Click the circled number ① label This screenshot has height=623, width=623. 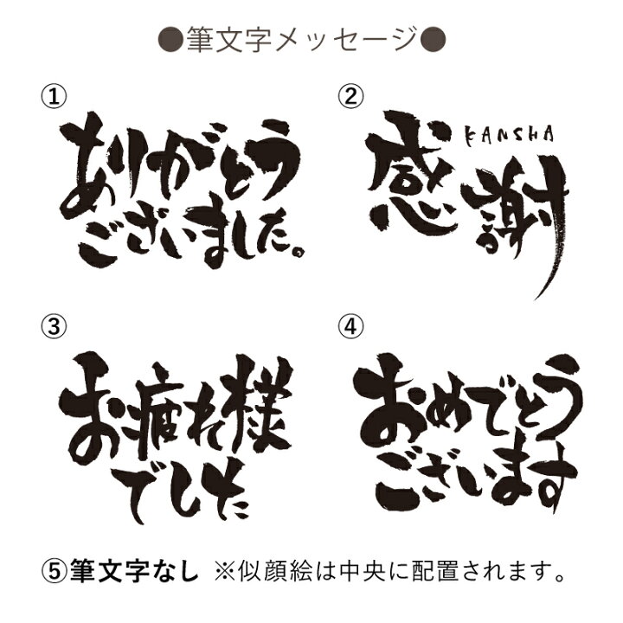[54, 97]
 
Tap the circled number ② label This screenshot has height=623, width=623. [350, 97]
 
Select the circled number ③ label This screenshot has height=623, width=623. [54, 326]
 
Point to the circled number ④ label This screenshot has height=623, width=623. [350, 326]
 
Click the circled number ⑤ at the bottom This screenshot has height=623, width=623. [54, 570]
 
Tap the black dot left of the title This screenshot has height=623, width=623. [170, 39]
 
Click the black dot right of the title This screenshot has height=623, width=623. [434, 39]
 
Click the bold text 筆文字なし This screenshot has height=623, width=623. [134, 570]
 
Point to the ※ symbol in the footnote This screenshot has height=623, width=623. [226, 571]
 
